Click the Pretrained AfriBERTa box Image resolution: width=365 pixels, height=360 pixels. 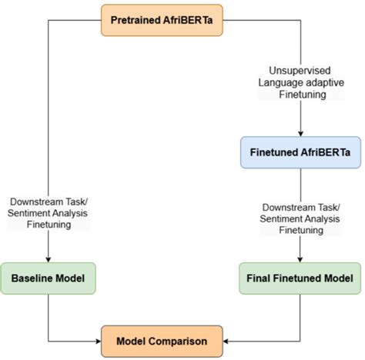pyautogui.click(x=162, y=20)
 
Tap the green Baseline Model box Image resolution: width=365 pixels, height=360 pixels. pyautogui.click(x=49, y=277)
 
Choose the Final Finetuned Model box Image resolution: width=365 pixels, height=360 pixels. pyautogui.click(x=301, y=277)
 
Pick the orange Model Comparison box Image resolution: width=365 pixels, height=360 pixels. pyautogui.click(x=162, y=339)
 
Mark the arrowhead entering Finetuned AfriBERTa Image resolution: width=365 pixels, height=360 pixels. pyautogui.click(x=301, y=135)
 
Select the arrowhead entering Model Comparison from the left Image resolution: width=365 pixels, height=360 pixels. pyautogui.click(x=98, y=339)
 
